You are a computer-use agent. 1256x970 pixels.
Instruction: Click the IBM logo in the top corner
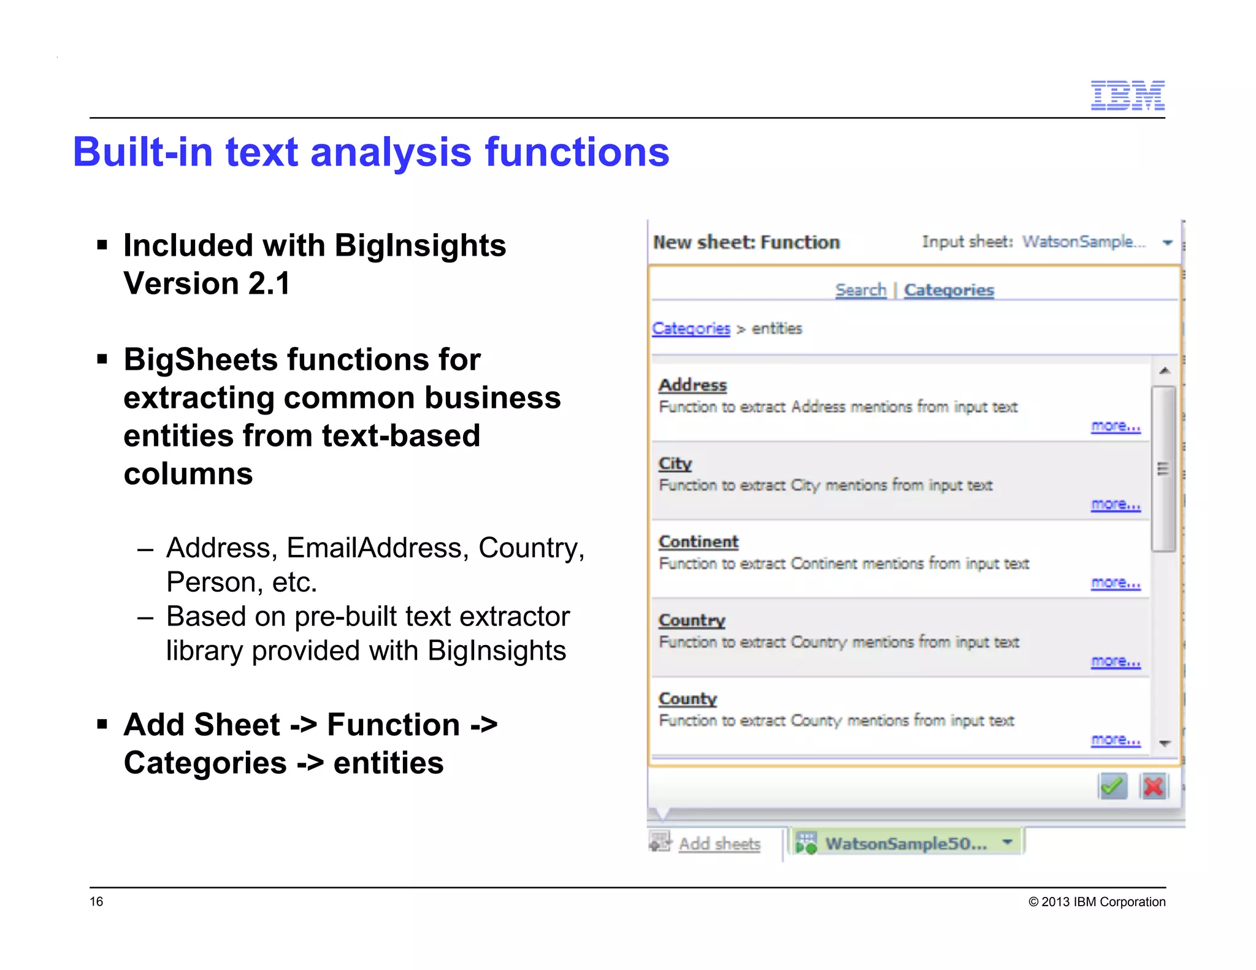click(1127, 96)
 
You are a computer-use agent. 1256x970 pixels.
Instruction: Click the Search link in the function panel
click(860, 290)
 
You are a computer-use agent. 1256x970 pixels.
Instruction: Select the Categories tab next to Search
click(949, 290)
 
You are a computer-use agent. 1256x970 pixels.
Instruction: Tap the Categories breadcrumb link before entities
click(691, 329)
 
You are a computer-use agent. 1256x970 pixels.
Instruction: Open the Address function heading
click(692, 385)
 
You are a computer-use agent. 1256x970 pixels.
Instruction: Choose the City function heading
click(675, 464)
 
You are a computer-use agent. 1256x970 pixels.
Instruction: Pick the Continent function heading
click(699, 542)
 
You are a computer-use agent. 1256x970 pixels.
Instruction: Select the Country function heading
click(692, 621)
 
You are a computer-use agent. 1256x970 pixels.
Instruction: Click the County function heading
click(687, 699)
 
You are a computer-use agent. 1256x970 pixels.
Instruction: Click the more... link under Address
click(1116, 426)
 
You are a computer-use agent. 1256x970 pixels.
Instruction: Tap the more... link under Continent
click(1116, 583)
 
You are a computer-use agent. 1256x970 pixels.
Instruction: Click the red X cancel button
click(1154, 787)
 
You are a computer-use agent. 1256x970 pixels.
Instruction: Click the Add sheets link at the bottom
click(719, 844)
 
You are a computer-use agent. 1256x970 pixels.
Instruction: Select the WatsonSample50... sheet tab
click(905, 844)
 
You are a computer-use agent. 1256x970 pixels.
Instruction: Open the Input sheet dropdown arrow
click(1168, 243)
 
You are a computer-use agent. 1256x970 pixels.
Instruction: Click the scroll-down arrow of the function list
click(1165, 743)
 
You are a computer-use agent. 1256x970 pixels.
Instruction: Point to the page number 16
click(97, 901)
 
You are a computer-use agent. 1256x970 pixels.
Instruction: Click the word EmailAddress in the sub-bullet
click(374, 548)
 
